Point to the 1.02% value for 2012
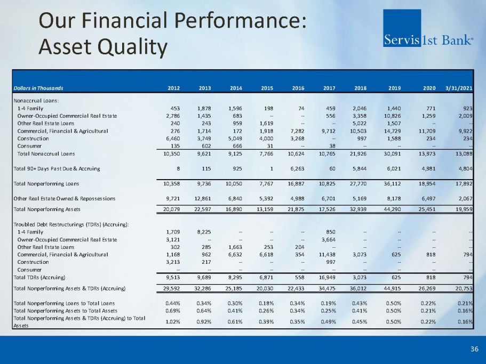pos(173,321)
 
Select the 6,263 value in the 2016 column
pos(296,168)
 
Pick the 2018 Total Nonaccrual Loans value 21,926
pos(357,154)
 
